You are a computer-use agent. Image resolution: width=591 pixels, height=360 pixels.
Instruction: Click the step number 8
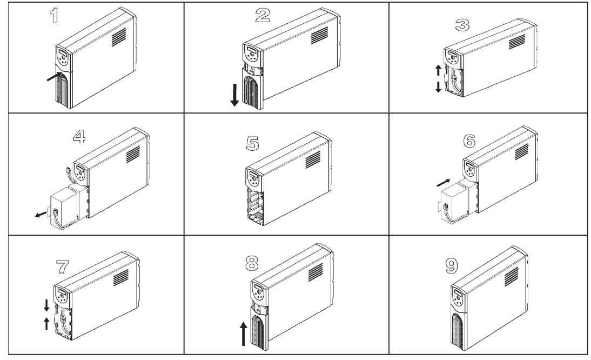252,264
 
